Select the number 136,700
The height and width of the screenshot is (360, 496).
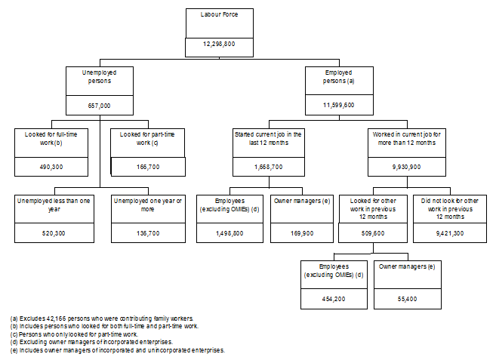[x=147, y=233]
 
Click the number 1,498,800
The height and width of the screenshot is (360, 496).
[x=230, y=233]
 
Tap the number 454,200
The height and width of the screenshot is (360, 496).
[x=333, y=299]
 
